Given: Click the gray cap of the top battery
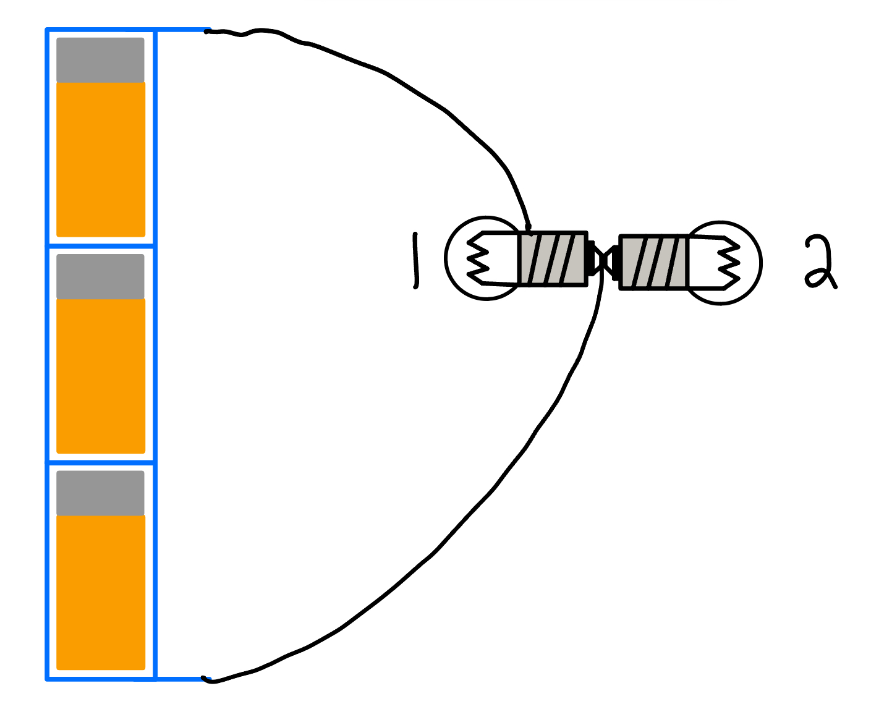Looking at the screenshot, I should (x=100, y=60).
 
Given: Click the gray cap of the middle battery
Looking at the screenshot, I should (x=100, y=276).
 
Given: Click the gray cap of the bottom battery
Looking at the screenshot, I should (x=100, y=493).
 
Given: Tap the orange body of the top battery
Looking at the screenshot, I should (x=101, y=159).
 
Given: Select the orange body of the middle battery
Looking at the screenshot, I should (x=101, y=375).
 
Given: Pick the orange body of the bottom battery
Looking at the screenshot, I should (x=101, y=592).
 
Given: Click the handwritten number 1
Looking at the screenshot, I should (x=415, y=260).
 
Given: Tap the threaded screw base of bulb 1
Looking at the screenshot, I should (x=552, y=258).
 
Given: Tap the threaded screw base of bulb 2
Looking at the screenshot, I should (x=653, y=263).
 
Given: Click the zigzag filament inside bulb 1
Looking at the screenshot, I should (x=478, y=258).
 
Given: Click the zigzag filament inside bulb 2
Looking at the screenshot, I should (x=728, y=262).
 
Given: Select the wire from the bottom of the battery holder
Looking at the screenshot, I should (x=445, y=544).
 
